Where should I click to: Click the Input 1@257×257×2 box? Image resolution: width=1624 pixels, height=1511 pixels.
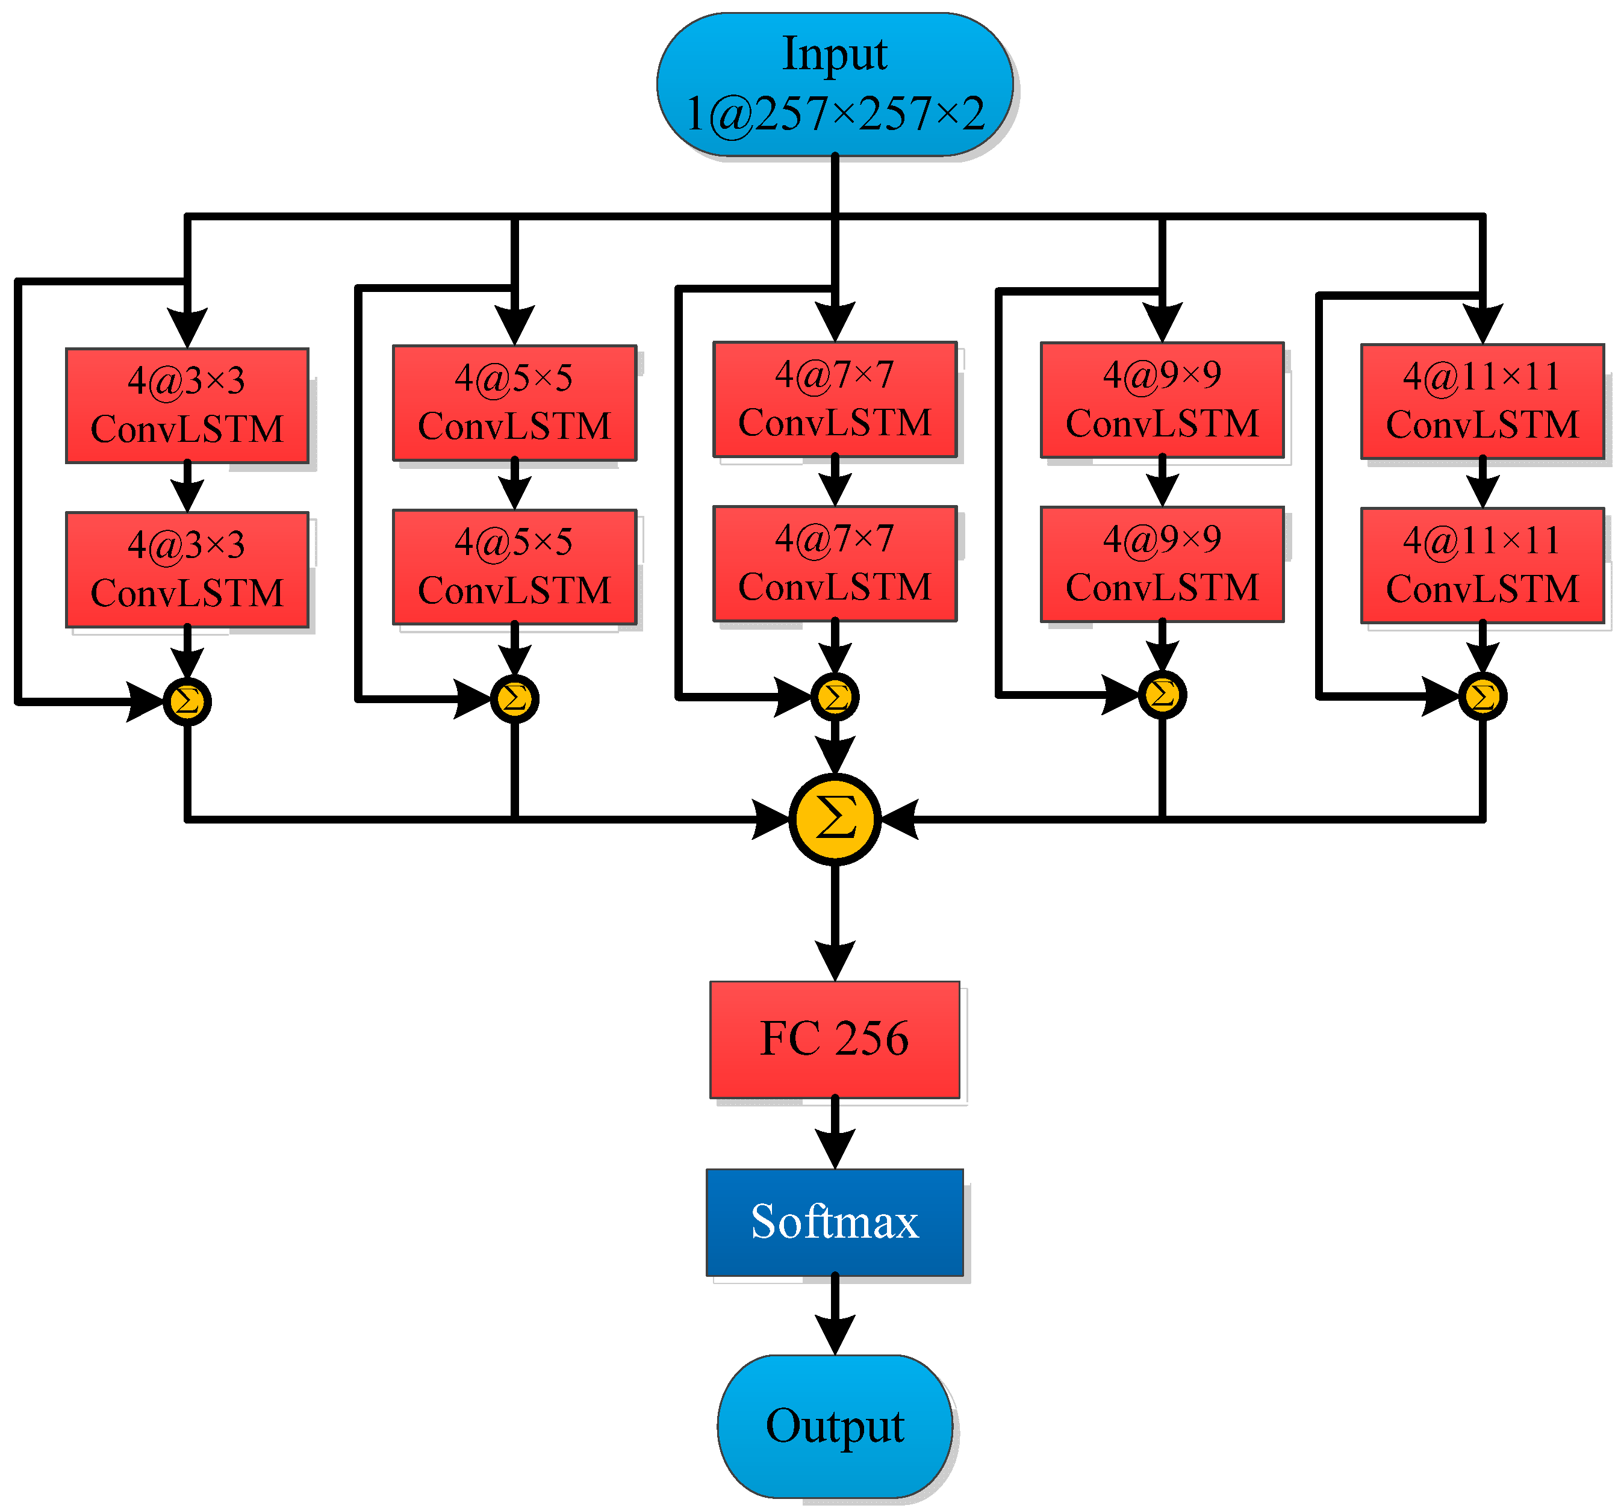(x=834, y=84)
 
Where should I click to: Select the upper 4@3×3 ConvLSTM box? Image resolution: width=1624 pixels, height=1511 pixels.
(x=187, y=405)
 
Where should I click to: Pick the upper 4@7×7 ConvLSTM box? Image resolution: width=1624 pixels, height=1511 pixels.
(x=834, y=399)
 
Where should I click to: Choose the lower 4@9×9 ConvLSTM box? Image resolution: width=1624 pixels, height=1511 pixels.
(x=1162, y=563)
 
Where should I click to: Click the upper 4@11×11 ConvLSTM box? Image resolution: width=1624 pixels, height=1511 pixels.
(x=1482, y=401)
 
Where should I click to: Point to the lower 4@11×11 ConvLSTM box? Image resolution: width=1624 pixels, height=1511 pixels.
(x=1482, y=565)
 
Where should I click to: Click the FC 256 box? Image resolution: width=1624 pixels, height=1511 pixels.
(x=834, y=1039)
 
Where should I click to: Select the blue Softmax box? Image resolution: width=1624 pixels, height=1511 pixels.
(x=834, y=1222)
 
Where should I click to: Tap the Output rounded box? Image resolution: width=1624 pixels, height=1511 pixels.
(x=834, y=1426)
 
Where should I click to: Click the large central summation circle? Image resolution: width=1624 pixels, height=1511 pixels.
(x=834, y=818)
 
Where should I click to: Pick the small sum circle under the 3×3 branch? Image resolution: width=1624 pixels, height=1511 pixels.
(x=187, y=701)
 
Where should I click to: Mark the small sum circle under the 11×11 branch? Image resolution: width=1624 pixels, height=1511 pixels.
(x=1482, y=697)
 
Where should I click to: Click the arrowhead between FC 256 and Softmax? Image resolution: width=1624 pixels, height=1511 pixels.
(x=834, y=1147)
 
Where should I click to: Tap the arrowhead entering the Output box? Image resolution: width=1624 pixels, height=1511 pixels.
(x=834, y=1334)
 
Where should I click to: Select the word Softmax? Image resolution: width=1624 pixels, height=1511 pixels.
(x=834, y=1222)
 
